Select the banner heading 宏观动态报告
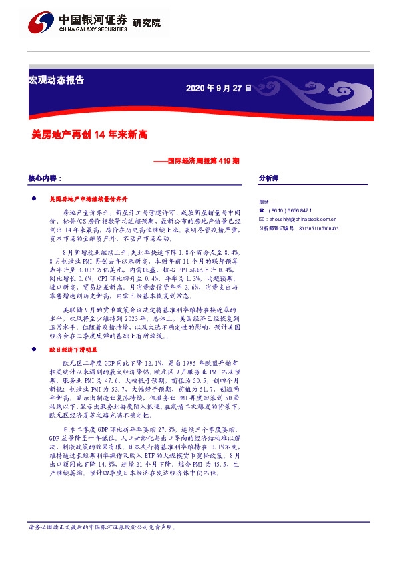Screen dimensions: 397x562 [57, 79]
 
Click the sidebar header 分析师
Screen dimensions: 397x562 [268, 179]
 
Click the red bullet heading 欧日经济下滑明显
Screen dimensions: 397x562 [74, 348]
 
